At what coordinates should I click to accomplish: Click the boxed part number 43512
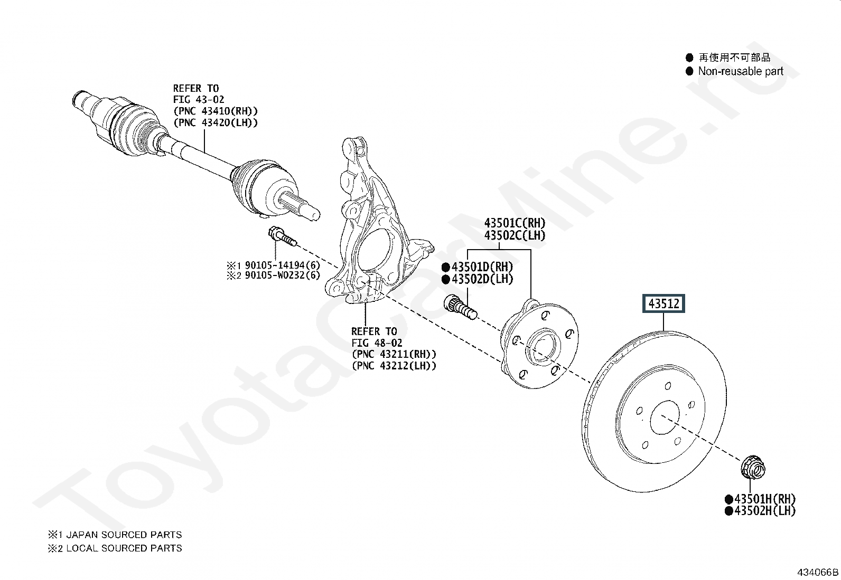coord(664,303)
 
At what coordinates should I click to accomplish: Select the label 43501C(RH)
coord(515,223)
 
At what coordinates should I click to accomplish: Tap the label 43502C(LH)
coord(515,235)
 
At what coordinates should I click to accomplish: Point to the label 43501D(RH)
coord(482,267)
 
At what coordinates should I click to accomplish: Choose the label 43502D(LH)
coord(482,279)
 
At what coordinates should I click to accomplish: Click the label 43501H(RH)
coord(764,499)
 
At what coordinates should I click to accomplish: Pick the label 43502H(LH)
coord(764,510)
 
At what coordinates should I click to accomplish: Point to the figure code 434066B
coord(818,572)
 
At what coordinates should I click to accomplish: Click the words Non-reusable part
coord(741,71)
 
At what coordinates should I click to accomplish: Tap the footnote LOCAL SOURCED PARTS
coord(124,548)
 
